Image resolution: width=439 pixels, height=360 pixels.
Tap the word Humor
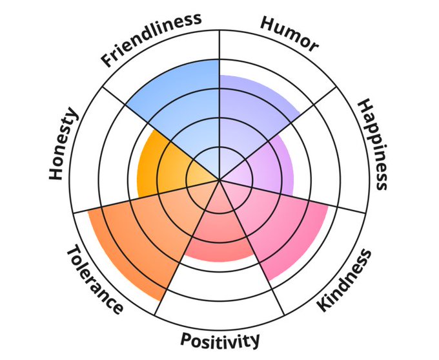pos(290,33)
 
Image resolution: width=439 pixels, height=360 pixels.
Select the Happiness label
pos(373,144)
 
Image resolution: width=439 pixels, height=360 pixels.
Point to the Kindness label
pos(346,279)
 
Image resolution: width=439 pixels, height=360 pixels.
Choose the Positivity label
pos(219,340)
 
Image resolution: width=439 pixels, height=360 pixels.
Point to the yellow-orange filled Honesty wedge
pos(161,168)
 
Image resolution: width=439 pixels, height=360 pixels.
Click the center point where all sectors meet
pos(219,180)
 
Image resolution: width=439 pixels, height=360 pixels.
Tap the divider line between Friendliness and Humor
pos(219,52)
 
